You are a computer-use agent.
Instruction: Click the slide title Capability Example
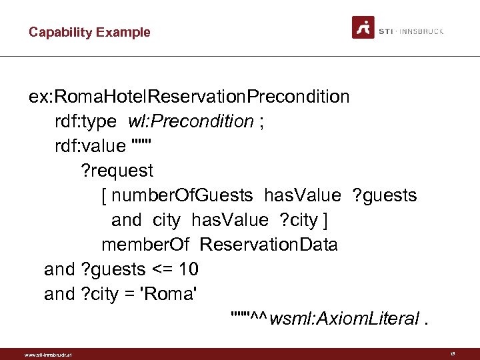click(x=89, y=32)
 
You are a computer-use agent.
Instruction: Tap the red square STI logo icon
click(x=363, y=28)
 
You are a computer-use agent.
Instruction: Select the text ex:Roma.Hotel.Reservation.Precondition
click(x=189, y=97)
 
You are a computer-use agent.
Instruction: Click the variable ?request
click(x=117, y=171)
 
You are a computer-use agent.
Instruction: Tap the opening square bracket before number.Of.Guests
click(x=105, y=195)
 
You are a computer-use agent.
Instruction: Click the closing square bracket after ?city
click(x=324, y=220)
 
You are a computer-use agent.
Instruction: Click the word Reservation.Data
click(x=268, y=245)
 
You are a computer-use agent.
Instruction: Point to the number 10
click(x=188, y=269)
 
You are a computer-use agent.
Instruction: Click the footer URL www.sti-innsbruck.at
click(x=47, y=354)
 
